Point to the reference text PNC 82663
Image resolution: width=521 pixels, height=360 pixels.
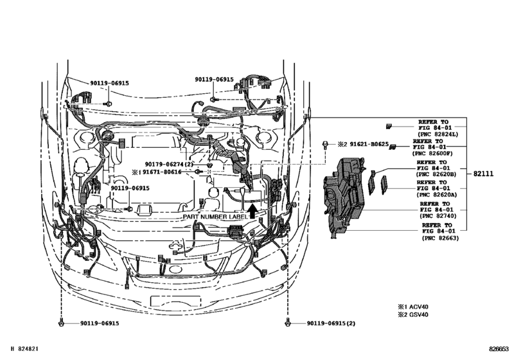click(x=442, y=239)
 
